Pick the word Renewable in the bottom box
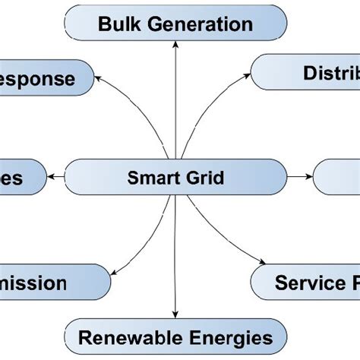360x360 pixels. [126, 336]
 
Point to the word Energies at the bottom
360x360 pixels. [226, 336]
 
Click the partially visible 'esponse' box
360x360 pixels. [42, 78]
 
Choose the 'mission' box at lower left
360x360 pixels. [46, 283]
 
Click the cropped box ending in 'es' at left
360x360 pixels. [19, 178]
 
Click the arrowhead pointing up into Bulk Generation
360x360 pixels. [175, 45]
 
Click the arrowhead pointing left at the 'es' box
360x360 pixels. [52, 177]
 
